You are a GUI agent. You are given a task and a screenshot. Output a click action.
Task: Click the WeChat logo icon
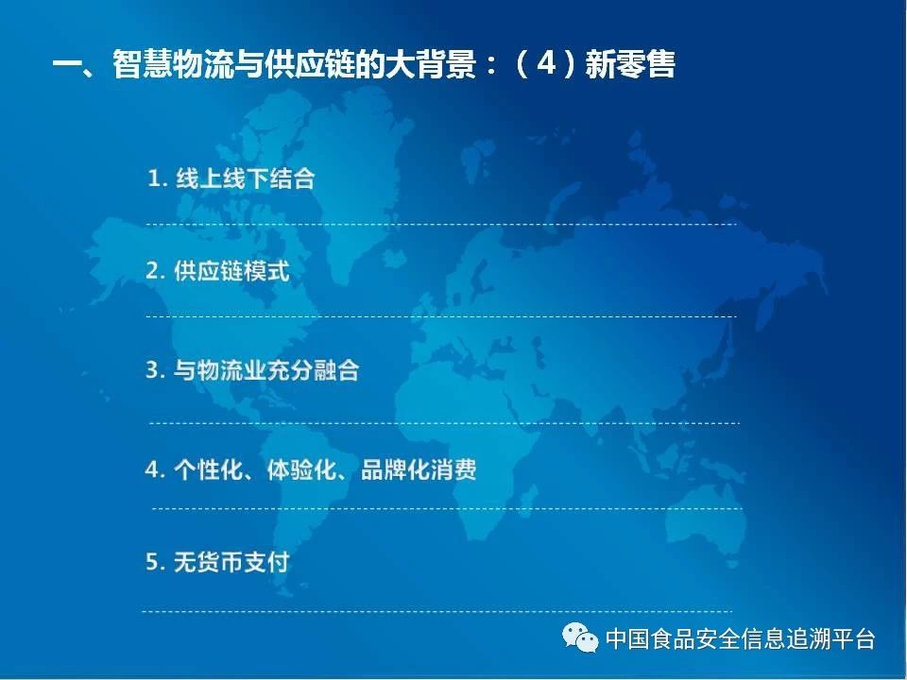(580, 637)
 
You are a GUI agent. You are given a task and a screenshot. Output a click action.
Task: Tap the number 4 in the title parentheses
(546, 62)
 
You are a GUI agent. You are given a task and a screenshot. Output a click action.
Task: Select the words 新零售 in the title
(630, 63)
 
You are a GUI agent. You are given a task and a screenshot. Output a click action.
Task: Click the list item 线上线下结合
(246, 178)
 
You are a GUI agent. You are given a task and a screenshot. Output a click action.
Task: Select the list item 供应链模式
(231, 271)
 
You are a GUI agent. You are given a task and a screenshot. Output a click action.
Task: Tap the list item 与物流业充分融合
(266, 369)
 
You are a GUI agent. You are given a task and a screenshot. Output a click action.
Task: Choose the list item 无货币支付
(231, 561)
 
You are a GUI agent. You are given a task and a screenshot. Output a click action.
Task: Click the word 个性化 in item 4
(208, 469)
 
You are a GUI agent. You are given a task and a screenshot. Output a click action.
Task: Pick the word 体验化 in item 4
(301, 469)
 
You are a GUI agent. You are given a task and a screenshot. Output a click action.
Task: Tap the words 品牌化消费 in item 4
(419, 469)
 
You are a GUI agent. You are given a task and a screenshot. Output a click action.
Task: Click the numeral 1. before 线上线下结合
(158, 178)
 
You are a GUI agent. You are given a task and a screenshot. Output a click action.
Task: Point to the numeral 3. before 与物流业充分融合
(156, 370)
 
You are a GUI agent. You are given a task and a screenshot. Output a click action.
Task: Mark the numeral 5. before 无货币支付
(156, 561)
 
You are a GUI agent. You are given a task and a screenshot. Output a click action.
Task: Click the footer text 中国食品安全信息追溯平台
(741, 638)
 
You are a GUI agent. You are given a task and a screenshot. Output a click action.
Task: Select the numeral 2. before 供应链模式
(156, 271)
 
